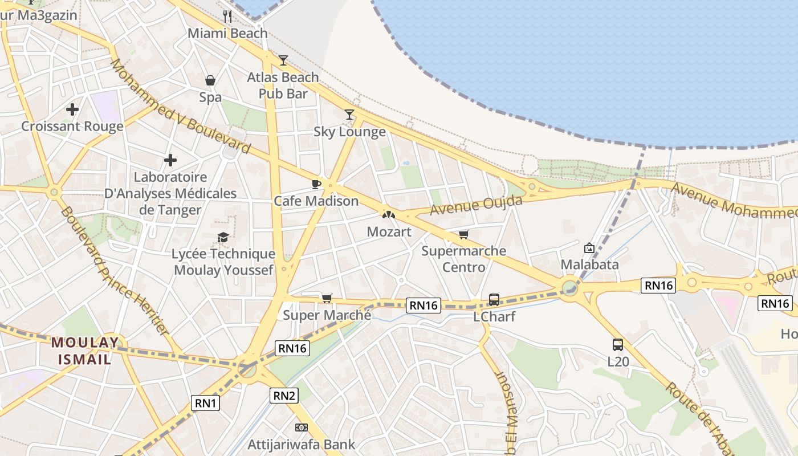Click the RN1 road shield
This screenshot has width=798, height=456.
click(x=206, y=403)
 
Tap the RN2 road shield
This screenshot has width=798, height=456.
click(x=284, y=395)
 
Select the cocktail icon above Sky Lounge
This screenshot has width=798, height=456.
click(x=349, y=115)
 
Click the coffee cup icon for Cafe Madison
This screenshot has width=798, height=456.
click(x=316, y=184)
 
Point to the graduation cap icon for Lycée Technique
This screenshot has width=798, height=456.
click(x=223, y=237)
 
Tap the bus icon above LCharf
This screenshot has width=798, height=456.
click(x=494, y=299)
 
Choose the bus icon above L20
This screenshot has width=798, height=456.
click(x=618, y=344)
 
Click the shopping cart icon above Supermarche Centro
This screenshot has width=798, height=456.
click(x=464, y=234)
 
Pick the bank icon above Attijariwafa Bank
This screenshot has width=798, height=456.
click(x=301, y=427)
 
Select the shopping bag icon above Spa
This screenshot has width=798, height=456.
click(x=210, y=80)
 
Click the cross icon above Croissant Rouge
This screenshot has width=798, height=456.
click(x=72, y=109)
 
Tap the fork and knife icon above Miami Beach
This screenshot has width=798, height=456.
click(x=227, y=16)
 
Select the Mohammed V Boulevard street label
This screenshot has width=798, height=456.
click(x=180, y=106)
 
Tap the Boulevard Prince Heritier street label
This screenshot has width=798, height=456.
click(x=115, y=271)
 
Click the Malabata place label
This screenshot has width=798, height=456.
click(x=589, y=264)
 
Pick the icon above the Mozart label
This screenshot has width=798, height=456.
click(x=389, y=215)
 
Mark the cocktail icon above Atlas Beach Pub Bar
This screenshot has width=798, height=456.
click(x=283, y=60)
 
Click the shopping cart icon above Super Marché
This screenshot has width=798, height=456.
click(x=327, y=298)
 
